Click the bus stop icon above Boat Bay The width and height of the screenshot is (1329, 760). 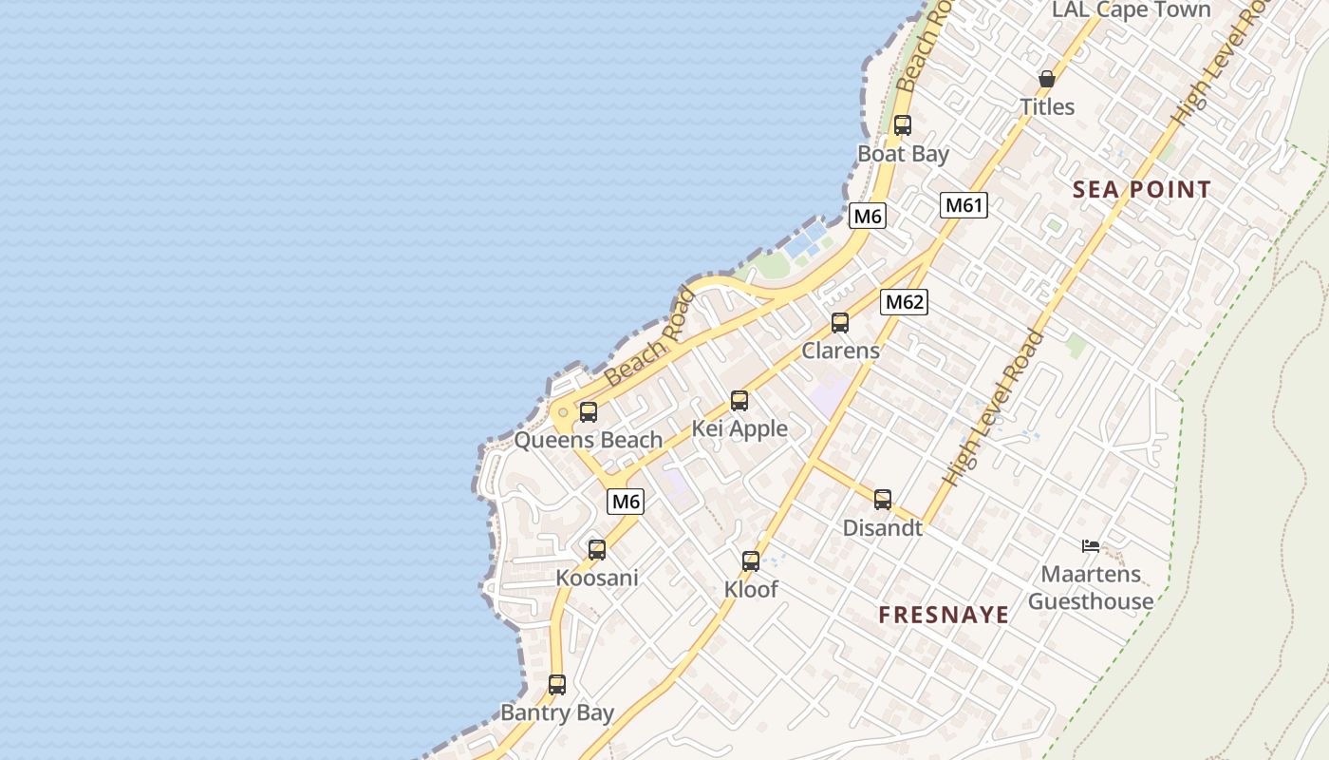[902, 124]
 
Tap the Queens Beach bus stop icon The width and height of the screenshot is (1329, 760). [589, 411]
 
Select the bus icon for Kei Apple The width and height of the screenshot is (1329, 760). [739, 401]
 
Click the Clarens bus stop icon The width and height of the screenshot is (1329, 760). [840, 322]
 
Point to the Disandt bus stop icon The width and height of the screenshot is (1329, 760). [883, 499]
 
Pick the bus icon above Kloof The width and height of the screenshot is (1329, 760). [751, 560]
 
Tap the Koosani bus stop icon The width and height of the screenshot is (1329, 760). [597, 549]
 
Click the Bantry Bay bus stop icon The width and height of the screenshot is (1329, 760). [557, 684]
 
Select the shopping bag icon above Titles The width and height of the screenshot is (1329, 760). [1047, 78]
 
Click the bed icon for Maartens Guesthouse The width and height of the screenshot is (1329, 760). [1091, 545]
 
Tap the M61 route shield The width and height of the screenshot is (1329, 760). [964, 204]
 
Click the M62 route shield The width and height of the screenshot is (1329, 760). [904, 302]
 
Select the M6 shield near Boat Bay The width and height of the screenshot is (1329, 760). [868, 216]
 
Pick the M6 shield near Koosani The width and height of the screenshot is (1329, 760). [626, 501]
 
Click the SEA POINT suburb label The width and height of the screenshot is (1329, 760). [1142, 189]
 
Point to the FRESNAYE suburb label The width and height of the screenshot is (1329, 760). [944, 615]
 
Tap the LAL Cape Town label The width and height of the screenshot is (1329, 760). [1132, 10]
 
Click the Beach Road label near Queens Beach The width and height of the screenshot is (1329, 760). [651, 338]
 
